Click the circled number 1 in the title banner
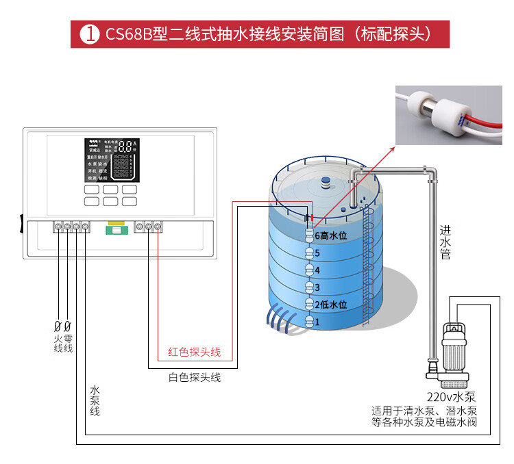coord(88,34)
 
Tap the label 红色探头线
coord(195,352)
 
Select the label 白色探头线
coord(195,377)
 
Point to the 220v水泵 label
coord(452,397)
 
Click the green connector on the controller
coord(115,227)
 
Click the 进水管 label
coord(445,243)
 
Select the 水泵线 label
coord(95,400)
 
